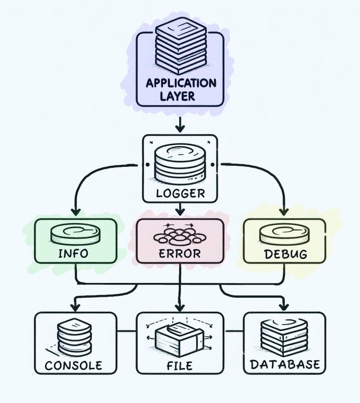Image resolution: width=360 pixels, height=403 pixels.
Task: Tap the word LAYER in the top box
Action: coord(180,96)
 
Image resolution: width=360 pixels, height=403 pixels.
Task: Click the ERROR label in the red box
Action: coord(180,253)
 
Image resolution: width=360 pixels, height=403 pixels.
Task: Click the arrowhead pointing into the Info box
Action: coord(76,211)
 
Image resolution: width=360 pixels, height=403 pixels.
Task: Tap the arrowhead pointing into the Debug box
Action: coord(283,211)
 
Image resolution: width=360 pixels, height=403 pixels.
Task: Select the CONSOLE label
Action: coord(74,364)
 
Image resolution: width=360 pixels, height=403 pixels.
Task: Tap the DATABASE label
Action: coord(285,364)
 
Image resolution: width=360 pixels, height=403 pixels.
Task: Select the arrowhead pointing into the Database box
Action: coord(283,307)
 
